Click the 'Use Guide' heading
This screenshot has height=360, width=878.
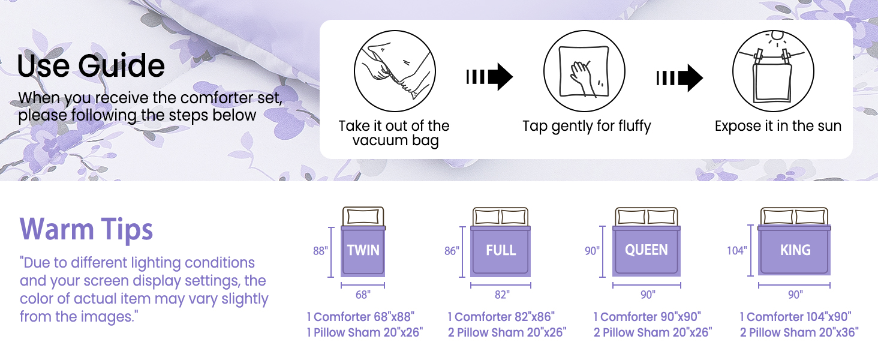click(x=91, y=65)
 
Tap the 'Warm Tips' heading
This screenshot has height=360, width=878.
click(x=86, y=229)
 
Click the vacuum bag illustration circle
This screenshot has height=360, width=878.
click(x=395, y=71)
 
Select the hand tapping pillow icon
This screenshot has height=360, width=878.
click(x=584, y=71)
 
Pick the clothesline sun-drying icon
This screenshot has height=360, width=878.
click(x=773, y=71)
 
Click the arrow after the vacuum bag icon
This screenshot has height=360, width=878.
click(x=489, y=77)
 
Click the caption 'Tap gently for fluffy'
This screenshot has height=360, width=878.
click(x=587, y=126)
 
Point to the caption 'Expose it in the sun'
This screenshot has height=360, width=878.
click(x=778, y=126)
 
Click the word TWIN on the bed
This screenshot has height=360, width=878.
click(x=363, y=250)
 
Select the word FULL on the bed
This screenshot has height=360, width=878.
click(x=501, y=250)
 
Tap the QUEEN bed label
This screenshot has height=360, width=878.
click(x=647, y=250)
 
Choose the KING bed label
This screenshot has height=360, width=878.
click(x=795, y=250)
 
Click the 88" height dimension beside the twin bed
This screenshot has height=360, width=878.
click(x=320, y=251)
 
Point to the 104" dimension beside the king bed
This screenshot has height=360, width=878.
click(x=737, y=251)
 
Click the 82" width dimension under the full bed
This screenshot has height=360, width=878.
click(x=502, y=295)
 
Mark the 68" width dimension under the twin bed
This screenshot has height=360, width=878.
click(x=363, y=295)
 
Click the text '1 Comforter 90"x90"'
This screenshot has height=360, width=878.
click(x=647, y=317)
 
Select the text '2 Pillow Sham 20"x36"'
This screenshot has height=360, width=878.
click(x=799, y=332)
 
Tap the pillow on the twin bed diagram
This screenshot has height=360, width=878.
click(x=363, y=217)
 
